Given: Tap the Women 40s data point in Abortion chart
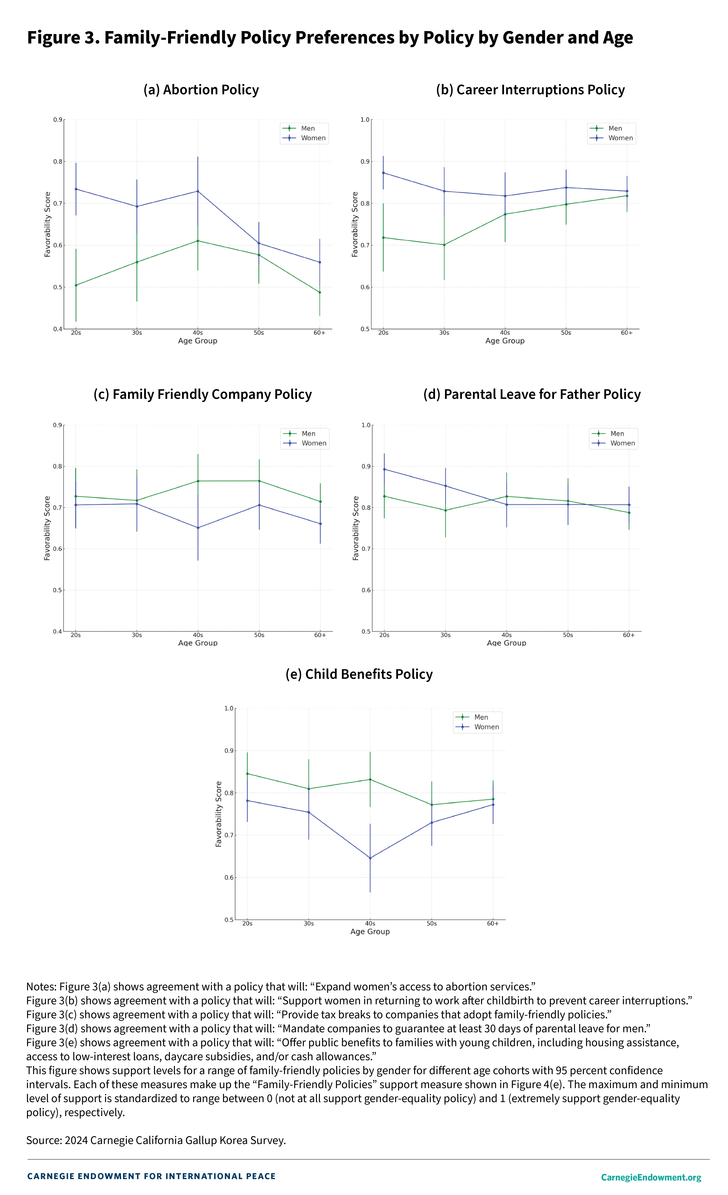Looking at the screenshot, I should (x=198, y=191).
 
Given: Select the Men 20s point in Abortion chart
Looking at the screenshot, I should (x=76, y=285).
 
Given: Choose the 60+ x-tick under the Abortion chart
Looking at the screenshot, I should (x=319, y=333).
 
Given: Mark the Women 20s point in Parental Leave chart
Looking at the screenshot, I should (x=384, y=469).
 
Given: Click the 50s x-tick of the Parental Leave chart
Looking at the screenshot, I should (x=568, y=635).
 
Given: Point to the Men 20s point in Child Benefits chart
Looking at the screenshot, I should (x=248, y=774).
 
